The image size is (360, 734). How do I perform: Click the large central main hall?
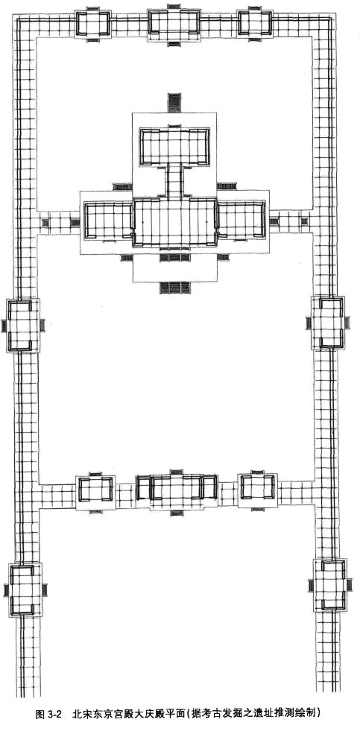point(174,221)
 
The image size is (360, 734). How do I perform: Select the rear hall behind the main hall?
point(174,146)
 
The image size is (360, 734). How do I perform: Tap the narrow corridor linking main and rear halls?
point(174,181)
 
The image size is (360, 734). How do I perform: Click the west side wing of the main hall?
point(108,220)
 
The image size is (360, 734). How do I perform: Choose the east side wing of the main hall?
point(241,219)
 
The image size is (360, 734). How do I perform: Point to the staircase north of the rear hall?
point(174,102)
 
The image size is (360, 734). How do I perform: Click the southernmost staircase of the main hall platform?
point(174,288)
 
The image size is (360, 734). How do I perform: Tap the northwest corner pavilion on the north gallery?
point(93,23)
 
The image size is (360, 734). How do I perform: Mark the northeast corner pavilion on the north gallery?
point(255,22)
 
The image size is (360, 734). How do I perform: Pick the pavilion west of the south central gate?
point(95,490)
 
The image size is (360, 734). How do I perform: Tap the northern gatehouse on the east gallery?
point(329,323)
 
